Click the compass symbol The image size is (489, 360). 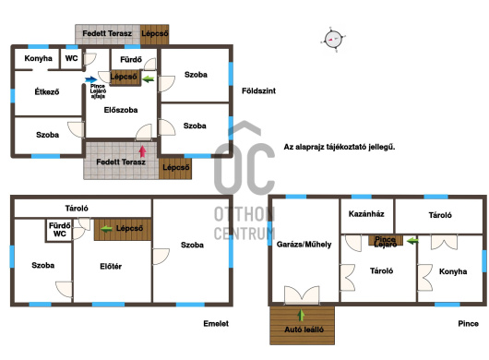coord(333,40)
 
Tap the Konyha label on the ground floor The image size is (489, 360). coord(39,58)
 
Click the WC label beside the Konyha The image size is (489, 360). coord(71,58)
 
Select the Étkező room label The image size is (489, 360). coord(47,91)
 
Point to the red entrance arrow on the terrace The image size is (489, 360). coord(142,151)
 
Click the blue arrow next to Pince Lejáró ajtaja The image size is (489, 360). coord(91,79)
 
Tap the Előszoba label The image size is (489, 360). coord(121,110)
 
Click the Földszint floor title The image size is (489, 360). coord(259,90)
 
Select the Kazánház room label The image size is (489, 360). coord(366,214)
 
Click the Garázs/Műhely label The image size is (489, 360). coord(304,245)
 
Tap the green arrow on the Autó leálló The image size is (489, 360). coord(301,315)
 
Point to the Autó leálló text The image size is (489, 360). coord(304,330)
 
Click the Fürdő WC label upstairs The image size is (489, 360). coord(60,230)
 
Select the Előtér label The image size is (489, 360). coord(111,267)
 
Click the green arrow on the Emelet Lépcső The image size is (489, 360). coord(106,229)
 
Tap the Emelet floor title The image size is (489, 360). coord(216,323)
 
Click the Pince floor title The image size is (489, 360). coord(468,323)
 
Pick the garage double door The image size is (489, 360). coord(302,295)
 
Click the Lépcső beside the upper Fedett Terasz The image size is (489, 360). coord(155,33)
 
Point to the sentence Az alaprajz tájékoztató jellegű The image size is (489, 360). coord(340,147)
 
